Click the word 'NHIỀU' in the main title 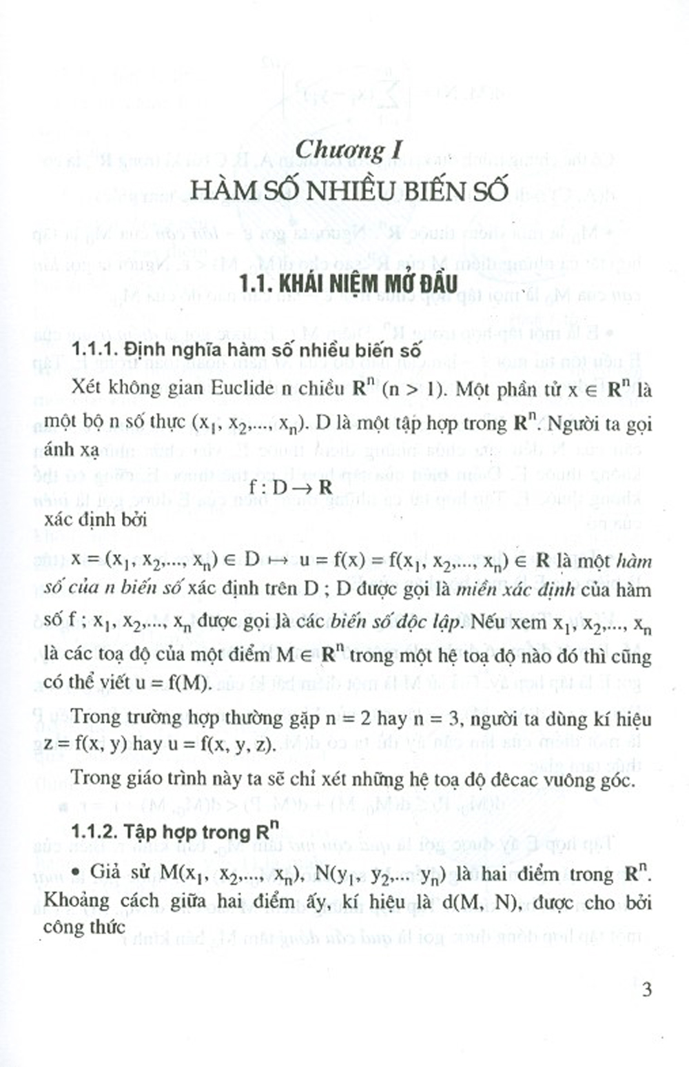click(346, 191)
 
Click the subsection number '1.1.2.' click(94, 832)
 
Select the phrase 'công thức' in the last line click(84, 927)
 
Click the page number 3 click(646, 990)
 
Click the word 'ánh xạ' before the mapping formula click(71, 451)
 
